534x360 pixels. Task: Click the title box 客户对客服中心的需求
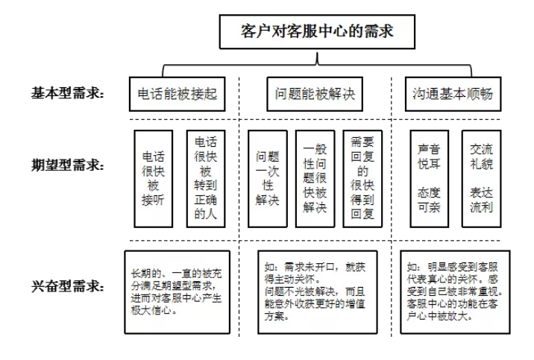pyautogui.click(x=317, y=32)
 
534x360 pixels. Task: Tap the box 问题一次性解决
pyautogui.click(x=267, y=179)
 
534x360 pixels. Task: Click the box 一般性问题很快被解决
pyautogui.click(x=315, y=179)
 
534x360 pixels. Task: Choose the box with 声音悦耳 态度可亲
pyautogui.click(x=429, y=179)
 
